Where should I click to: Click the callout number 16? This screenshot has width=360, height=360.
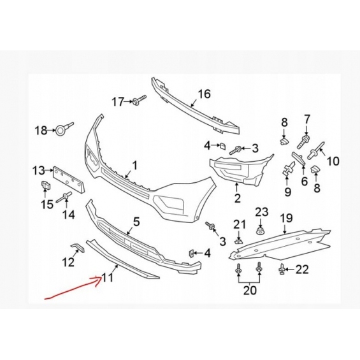tap(204, 94)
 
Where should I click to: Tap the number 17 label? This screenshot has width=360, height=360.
tap(118, 102)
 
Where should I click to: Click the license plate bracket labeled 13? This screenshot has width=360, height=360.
tap(69, 179)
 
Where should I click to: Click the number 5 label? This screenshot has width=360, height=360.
tap(136, 222)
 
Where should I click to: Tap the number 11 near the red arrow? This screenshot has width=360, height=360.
tap(107, 277)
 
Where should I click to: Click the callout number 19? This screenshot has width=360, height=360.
tap(287, 218)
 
